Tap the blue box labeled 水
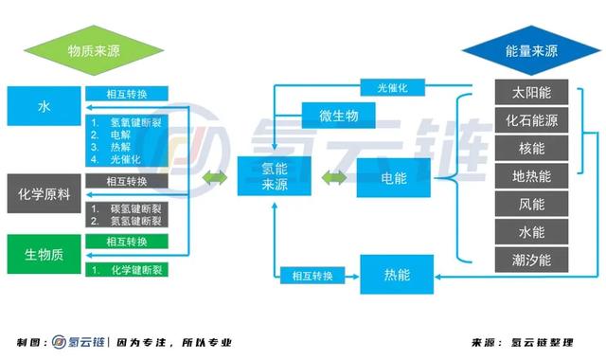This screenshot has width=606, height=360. pos(44,106)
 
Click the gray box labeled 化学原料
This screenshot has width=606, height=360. pos(44,193)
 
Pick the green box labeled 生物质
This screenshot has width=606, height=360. pos(44,255)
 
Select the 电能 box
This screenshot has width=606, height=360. pos(394,176)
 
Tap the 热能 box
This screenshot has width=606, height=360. pos(397,275)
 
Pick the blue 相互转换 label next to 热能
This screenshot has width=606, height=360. pos(313,276)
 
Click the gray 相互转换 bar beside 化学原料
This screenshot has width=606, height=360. pos(127,181)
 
